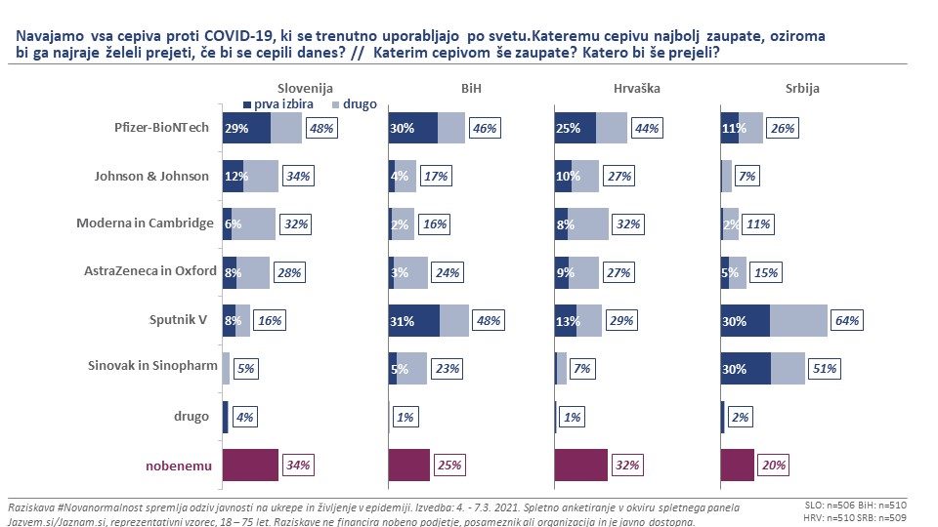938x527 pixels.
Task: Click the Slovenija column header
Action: point(305,89)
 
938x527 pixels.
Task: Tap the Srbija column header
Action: point(802,89)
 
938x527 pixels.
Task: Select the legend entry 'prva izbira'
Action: point(278,104)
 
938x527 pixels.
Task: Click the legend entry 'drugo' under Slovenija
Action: point(354,104)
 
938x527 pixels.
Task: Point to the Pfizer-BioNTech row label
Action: point(161,127)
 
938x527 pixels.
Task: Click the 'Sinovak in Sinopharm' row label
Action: point(152,365)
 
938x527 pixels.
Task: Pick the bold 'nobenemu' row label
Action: point(179,466)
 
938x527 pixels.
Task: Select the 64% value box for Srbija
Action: point(847,321)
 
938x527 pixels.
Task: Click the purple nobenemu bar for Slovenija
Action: point(250,465)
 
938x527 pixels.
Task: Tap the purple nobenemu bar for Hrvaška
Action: point(580,465)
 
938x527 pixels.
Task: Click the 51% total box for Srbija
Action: point(825,369)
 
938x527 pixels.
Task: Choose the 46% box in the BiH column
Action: point(485,129)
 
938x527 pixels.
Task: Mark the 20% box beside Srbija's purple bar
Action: point(774,465)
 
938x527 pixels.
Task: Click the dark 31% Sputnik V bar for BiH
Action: point(414,321)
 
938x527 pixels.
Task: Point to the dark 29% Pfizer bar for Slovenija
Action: point(246,128)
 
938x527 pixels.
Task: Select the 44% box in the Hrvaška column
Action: point(647,129)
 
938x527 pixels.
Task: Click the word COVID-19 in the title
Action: point(238,36)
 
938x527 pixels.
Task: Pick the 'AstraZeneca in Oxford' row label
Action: point(150,270)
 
